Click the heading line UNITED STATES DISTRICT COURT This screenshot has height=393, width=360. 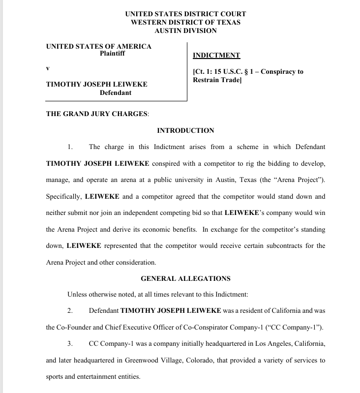pyautogui.click(x=185, y=14)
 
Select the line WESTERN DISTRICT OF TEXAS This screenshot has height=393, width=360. pyautogui.click(x=185, y=23)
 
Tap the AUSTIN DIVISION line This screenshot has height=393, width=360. pyautogui.click(x=185, y=30)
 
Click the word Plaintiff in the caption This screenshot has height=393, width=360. pyautogui.click(x=112, y=54)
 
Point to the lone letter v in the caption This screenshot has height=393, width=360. pyautogui.click(x=48, y=67)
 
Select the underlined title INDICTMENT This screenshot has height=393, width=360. pyautogui.click(x=216, y=56)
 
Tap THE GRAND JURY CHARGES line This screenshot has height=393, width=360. pyautogui.click(x=97, y=114)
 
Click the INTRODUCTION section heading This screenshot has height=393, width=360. pyautogui.click(x=185, y=130)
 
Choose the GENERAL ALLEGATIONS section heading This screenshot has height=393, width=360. pyautogui.click(x=185, y=278)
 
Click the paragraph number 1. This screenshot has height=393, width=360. pyautogui.click(x=70, y=147)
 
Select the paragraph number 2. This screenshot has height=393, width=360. pyautogui.click(x=70, y=311)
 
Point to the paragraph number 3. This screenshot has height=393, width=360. pyautogui.click(x=70, y=344)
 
